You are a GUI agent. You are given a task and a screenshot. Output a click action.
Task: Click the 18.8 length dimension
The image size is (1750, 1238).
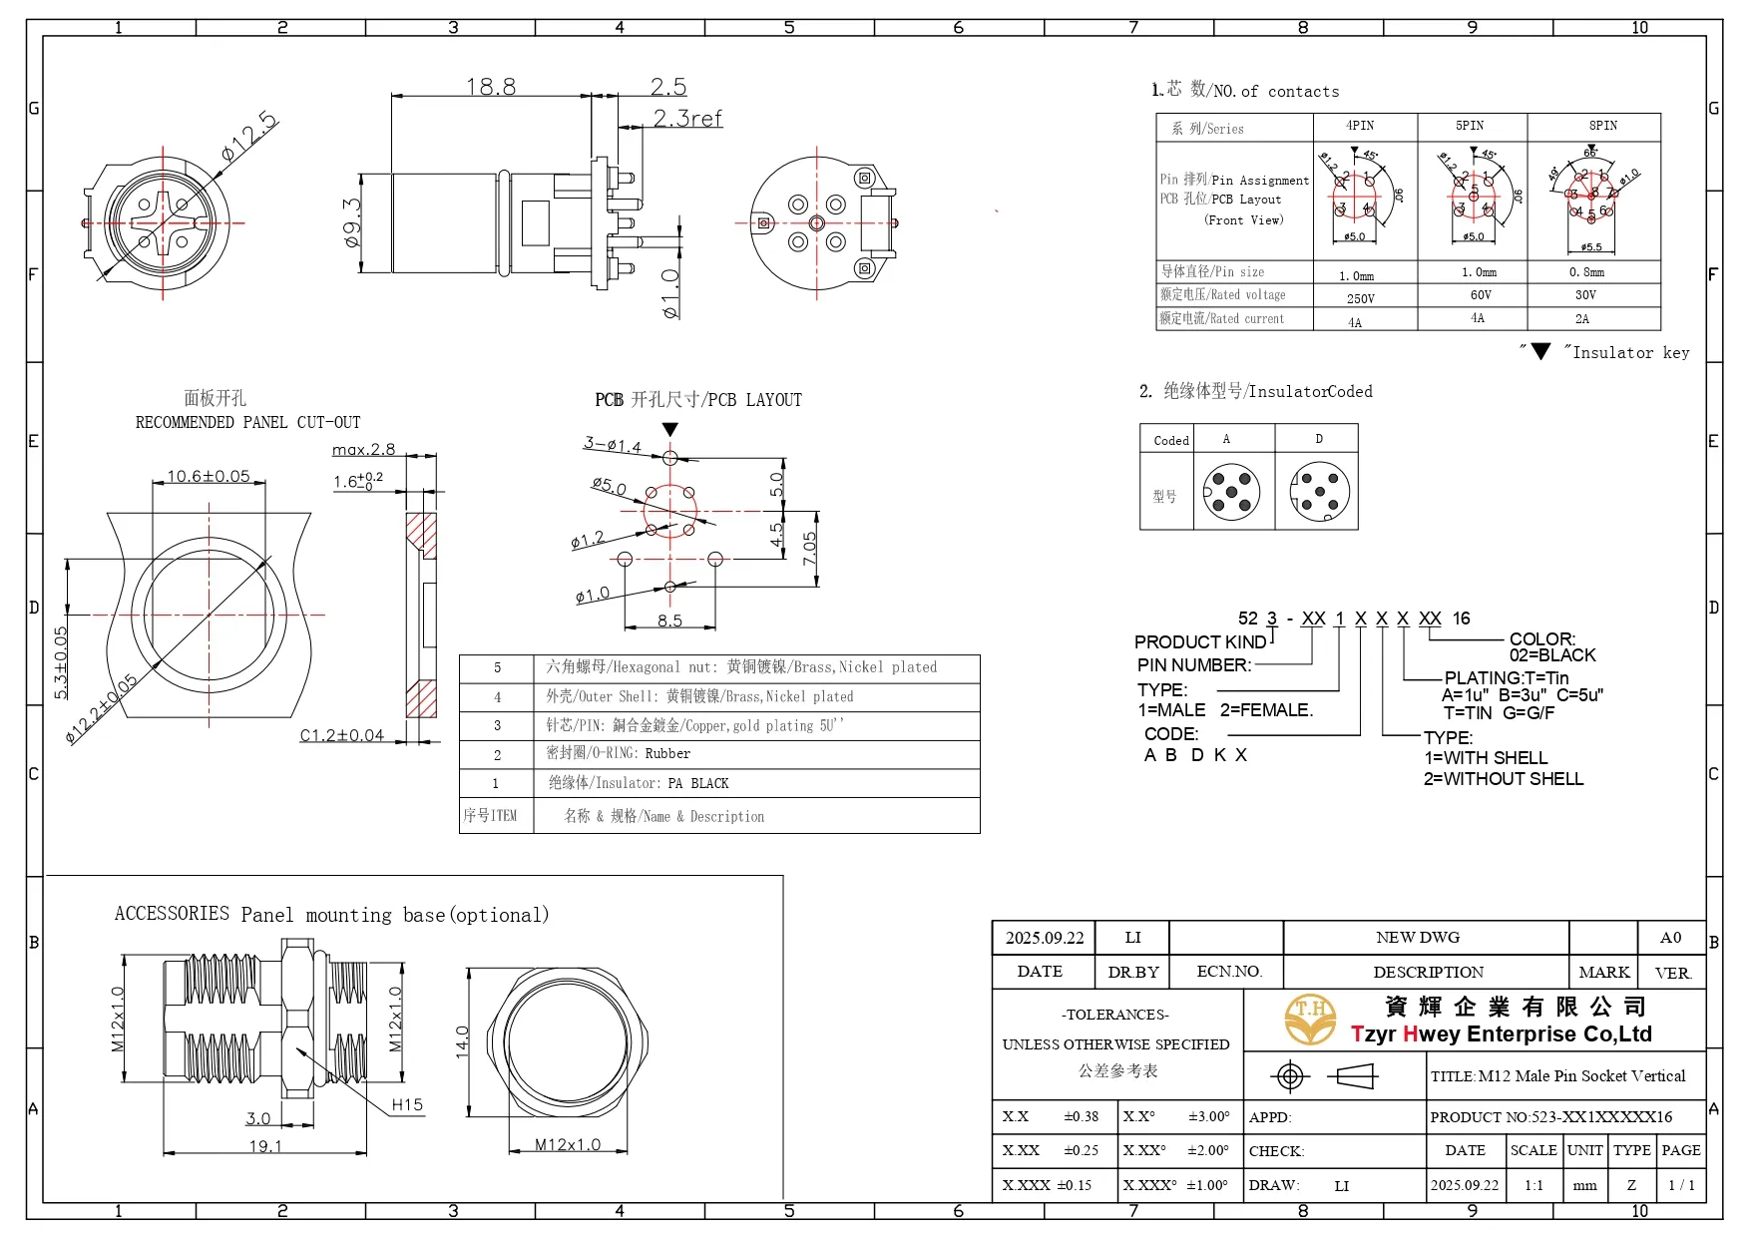[491, 87]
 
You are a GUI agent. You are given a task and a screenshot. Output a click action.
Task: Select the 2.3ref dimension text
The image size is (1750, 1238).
[687, 119]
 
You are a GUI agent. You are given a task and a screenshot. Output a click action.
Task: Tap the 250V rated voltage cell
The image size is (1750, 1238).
[1360, 298]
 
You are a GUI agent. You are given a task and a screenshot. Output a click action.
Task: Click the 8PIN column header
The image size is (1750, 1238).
[1602, 126]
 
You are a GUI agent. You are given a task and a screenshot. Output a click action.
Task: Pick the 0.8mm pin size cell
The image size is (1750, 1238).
[1586, 271]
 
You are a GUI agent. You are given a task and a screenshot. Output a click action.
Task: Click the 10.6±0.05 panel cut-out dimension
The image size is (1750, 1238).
[208, 476]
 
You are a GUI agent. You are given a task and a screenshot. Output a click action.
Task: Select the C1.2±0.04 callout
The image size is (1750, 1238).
[342, 735]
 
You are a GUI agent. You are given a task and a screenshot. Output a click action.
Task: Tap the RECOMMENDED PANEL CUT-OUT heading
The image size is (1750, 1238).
[247, 422]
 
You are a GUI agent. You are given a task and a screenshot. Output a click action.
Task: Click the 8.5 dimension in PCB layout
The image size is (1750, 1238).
[669, 620]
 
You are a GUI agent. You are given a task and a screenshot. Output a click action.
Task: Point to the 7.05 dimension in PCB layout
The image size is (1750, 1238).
[809, 548]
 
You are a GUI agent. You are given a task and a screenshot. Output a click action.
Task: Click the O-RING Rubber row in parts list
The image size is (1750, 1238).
[718, 754]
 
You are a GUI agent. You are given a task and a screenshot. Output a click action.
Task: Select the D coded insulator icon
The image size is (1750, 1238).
[1319, 491]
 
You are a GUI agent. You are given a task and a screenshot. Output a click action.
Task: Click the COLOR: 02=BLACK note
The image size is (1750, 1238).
[1551, 646]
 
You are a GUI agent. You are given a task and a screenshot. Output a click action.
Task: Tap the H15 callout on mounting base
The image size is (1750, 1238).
[407, 1104]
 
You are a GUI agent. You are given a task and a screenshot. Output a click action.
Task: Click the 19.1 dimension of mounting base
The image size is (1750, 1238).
[264, 1146]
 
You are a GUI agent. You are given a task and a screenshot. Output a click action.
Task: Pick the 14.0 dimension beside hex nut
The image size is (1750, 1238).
[462, 1041]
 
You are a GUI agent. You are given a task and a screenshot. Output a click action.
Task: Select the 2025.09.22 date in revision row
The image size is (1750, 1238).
[1044, 938]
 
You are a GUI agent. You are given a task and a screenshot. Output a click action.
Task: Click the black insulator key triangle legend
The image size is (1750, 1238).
[1540, 352]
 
